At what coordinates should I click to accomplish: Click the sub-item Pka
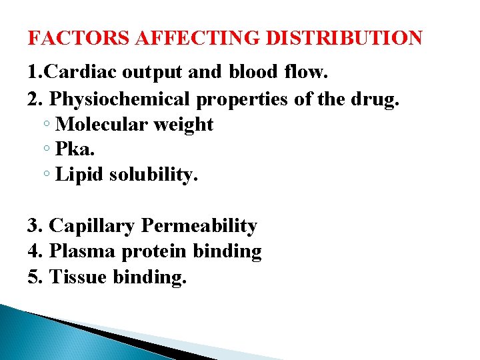[75, 150]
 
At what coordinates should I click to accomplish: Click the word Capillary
[93, 227]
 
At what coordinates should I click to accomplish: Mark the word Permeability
[199, 226]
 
